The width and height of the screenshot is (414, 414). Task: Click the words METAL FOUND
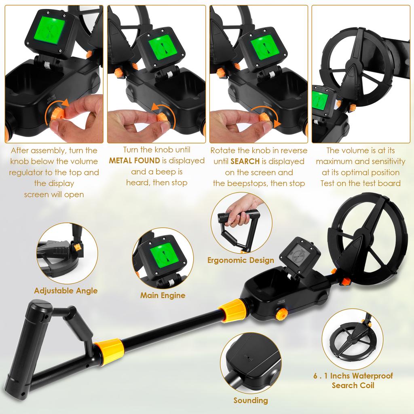point(134,161)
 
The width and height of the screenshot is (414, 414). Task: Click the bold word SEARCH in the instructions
point(245,161)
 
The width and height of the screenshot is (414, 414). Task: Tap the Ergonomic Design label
point(241,260)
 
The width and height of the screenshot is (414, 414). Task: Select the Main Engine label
point(163,295)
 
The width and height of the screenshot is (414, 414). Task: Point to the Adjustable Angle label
point(66,291)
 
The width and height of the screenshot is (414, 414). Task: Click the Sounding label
point(251,400)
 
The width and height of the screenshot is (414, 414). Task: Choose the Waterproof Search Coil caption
point(353,380)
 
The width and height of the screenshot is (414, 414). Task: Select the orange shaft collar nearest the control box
point(232,310)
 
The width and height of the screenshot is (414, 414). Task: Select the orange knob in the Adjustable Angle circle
point(77,247)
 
